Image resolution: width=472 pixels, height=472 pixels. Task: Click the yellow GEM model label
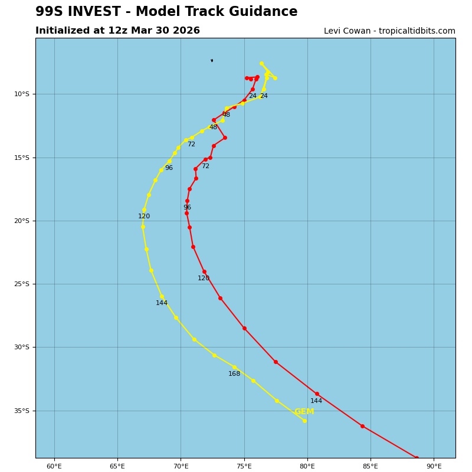coord(304,412)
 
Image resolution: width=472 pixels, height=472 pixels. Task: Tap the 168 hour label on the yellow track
coord(234,374)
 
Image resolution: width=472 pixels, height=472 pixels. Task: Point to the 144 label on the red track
coord(316,401)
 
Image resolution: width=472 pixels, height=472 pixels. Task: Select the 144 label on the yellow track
coord(162,303)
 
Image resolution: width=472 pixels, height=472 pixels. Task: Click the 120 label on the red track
coord(204,278)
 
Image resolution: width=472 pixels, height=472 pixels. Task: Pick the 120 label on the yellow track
coord(144,217)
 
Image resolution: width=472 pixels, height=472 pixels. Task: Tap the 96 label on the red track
coord(187,208)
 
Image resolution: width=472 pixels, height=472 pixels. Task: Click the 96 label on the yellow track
coord(169,168)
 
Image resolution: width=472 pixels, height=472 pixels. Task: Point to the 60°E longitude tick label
coord(54,466)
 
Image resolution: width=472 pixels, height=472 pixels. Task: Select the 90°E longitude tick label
coord(434,466)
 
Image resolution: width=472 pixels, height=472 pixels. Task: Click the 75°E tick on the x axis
coord(244,466)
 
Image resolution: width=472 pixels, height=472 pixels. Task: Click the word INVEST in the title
coord(92,12)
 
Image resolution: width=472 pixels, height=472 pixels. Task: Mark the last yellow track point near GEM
coord(304,421)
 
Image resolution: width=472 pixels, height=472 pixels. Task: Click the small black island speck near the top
coord(212,60)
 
